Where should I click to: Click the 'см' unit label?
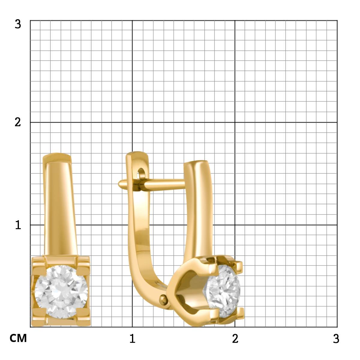[x=18, y=338]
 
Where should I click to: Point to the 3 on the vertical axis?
[x=18, y=24]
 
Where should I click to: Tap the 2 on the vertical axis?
[x=18, y=122]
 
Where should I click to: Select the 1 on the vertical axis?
[x=18, y=225]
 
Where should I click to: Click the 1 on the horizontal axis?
[x=132, y=338]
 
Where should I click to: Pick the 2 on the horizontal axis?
[x=235, y=338]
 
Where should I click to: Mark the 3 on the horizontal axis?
[x=336, y=338]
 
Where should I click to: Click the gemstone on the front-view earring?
[x=61, y=292]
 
